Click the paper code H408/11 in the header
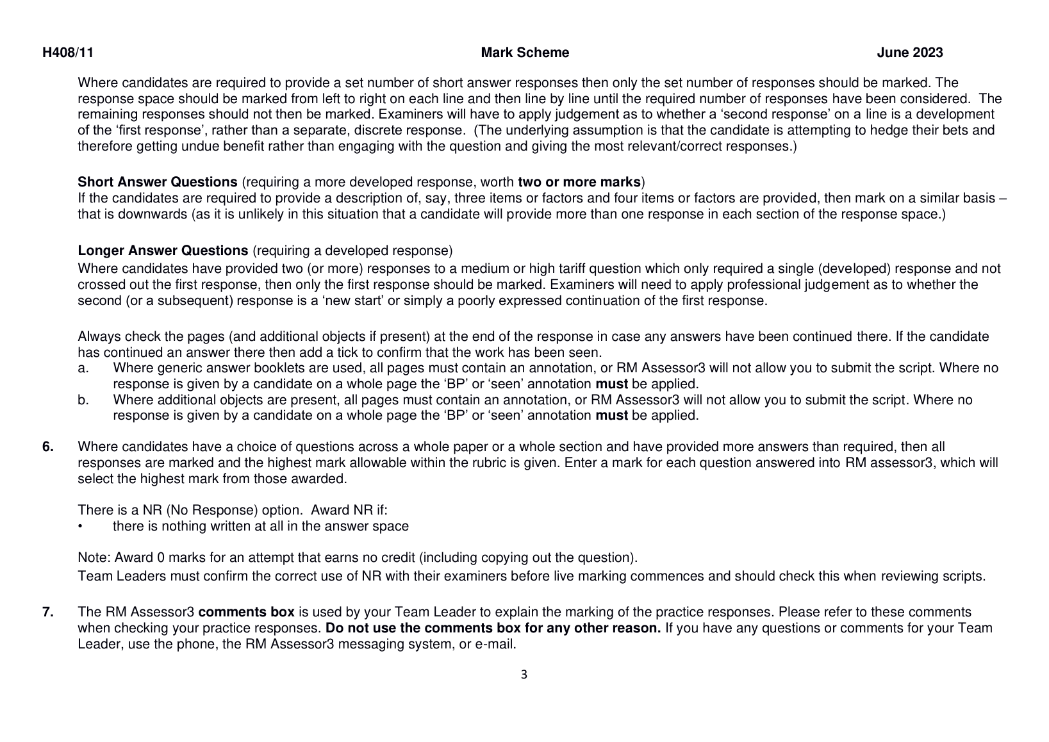(x=68, y=53)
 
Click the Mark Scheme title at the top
(x=524, y=53)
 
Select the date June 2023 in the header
(x=909, y=53)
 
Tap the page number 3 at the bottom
(x=524, y=674)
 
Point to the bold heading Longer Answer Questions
(x=163, y=251)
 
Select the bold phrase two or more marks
(x=579, y=182)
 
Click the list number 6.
(x=48, y=447)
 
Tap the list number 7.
(x=48, y=612)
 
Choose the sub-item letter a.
(x=83, y=368)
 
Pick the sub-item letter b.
(x=83, y=400)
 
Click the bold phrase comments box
(x=246, y=612)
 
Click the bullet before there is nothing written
(x=80, y=527)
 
